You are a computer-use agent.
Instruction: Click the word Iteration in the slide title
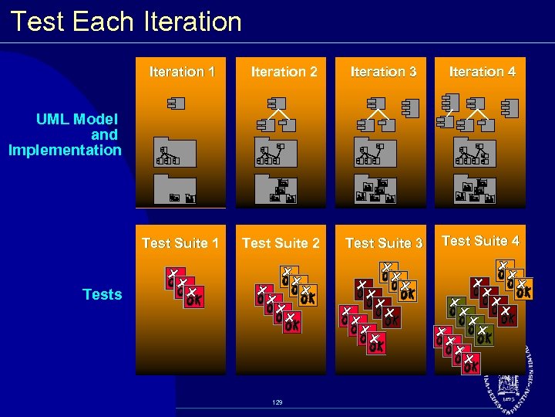192,21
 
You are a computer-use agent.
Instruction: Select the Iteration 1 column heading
182,72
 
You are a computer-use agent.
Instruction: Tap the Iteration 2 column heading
284,72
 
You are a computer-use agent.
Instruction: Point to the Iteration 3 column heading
383,72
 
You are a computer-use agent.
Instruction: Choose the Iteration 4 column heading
482,72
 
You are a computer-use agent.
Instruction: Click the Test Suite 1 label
180,243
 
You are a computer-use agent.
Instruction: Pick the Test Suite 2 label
281,243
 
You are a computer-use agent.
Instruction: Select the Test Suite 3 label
384,243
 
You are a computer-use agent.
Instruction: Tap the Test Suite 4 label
480,241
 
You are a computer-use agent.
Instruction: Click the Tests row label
102,294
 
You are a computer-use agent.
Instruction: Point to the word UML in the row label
53,119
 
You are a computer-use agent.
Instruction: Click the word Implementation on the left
65,150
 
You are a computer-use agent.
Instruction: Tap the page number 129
277,403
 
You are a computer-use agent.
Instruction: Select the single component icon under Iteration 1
174,103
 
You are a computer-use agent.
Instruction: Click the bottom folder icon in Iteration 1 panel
177,190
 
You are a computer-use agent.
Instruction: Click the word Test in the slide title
38,21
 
